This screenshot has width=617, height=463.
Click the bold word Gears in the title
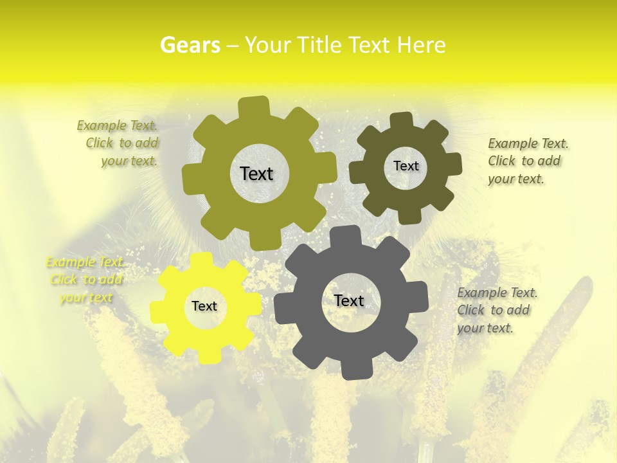click(x=190, y=45)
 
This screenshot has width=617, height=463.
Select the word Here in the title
click(x=421, y=45)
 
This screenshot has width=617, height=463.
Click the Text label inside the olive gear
click(x=256, y=174)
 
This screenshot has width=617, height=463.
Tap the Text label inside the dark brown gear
click(x=406, y=166)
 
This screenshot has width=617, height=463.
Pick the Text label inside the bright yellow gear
click(x=204, y=306)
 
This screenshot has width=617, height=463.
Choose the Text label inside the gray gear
click(x=349, y=300)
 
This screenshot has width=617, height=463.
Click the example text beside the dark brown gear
click(x=527, y=161)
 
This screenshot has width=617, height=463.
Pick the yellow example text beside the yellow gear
click(x=85, y=280)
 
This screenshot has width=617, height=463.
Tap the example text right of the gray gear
click(x=496, y=310)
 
